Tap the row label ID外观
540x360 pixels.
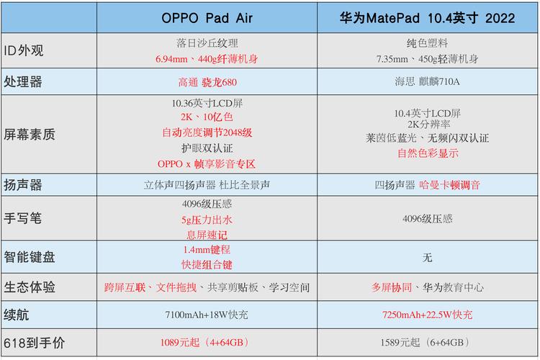24,50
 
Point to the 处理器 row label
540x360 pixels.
24,82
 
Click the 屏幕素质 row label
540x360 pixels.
30,135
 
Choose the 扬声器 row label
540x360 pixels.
24,184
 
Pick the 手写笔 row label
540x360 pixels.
24,218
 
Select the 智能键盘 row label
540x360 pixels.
30,256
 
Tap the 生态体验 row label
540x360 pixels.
30,287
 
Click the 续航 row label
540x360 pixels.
17,315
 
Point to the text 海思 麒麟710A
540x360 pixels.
427,82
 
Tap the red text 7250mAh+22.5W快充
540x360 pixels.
427,315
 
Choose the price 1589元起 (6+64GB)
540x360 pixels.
427,342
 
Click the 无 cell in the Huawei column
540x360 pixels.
427,257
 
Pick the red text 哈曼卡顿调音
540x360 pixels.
450,185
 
